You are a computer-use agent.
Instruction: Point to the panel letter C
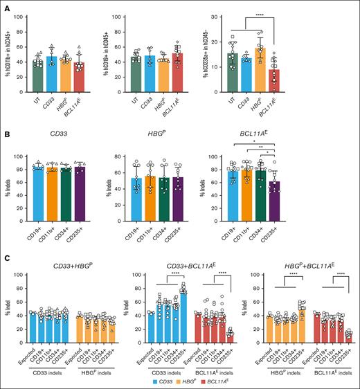(6, 256)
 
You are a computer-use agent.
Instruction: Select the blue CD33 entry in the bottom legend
(153, 381)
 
